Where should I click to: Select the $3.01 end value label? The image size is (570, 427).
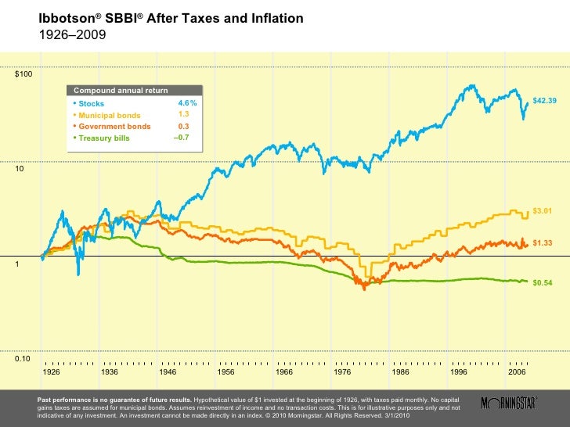click(542, 211)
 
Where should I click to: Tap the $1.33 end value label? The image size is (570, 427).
click(542, 243)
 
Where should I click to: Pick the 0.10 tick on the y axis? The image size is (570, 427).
click(24, 359)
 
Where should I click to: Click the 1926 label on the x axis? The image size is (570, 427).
click(52, 373)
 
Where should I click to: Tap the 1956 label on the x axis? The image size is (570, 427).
click(226, 373)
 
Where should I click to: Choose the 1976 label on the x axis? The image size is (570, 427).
click(342, 373)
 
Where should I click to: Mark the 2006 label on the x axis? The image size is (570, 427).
click(516, 373)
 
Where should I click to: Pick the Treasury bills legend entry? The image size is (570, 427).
click(104, 138)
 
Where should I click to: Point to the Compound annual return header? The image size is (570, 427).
click(120, 91)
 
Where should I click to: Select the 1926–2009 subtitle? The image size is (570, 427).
click(72, 35)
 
